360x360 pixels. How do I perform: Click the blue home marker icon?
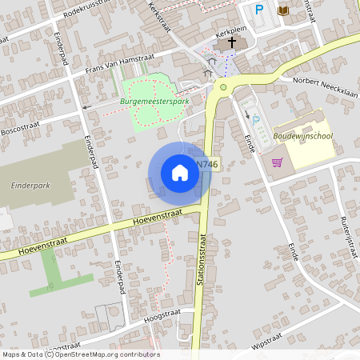[x=179, y=172]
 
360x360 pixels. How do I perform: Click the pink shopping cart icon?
[x=278, y=162]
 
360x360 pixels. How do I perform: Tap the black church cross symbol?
[x=233, y=42]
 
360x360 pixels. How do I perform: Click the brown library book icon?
[x=282, y=10]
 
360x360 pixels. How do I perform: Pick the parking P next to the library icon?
[x=258, y=10]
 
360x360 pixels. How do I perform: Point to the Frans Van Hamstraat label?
[x=123, y=63]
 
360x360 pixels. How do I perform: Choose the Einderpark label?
[x=30, y=185]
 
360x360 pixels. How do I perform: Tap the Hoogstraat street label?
[x=158, y=318]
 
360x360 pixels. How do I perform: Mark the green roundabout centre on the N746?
[x=223, y=87]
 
